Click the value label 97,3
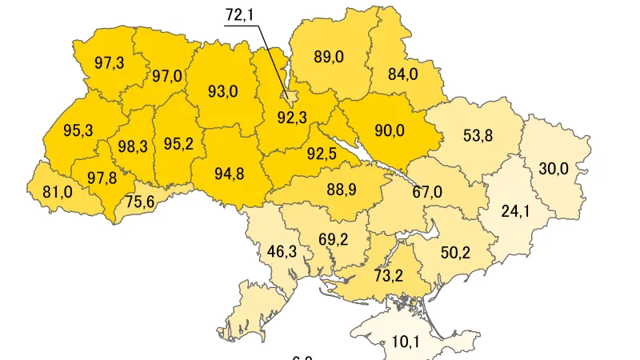109,63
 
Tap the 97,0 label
167,77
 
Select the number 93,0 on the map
222,91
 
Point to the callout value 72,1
242,15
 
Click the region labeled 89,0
328,57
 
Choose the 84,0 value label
402,74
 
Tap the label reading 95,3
78,130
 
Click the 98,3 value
132,146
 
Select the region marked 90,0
389,130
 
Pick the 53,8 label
478,135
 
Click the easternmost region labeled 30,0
553,169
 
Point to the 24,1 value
516,212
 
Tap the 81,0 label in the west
57,192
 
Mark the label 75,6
139,202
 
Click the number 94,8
229,174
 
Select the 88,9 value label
342,190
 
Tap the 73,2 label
387,276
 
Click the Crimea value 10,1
406,342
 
